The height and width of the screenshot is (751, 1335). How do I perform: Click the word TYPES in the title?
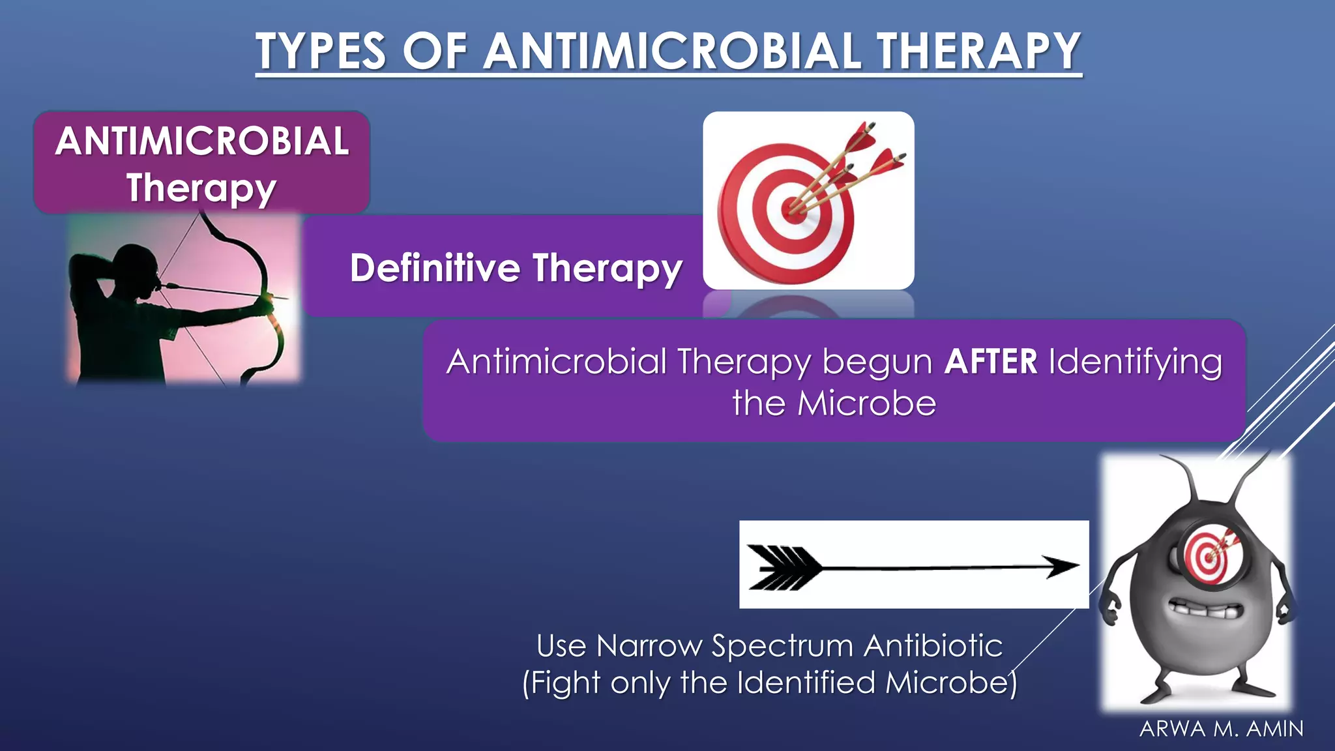coord(321,52)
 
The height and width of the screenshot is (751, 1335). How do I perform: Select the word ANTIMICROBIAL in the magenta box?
coord(202,141)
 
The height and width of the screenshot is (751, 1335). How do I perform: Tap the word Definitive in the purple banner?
coord(435,268)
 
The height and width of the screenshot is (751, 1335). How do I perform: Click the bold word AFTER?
coord(990,362)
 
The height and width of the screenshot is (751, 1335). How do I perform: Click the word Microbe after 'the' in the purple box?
coord(866,404)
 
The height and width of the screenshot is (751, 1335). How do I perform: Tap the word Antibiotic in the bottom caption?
coord(933,646)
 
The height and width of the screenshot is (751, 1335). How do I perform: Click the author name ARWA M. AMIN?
coord(1222,729)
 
